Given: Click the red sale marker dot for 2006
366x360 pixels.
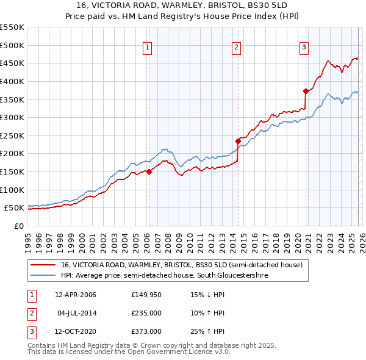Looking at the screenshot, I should tap(149, 171).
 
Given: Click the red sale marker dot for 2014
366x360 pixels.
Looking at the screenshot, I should tap(238, 141).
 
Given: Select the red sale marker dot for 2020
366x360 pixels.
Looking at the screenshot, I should tap(306, 91).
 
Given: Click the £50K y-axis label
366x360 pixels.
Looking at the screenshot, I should tap(15, 208).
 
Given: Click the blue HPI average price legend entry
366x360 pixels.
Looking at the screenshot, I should tap(164, 276).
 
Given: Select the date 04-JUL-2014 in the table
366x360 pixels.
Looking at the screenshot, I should tap(76, 313).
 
